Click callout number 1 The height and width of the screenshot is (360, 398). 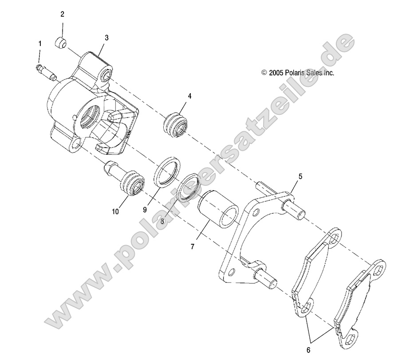40,43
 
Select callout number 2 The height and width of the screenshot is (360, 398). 63,14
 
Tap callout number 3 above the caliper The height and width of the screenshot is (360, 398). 106,38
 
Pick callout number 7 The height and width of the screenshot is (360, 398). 193,247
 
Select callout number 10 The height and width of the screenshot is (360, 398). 115,211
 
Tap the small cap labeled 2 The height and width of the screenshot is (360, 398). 61,43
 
